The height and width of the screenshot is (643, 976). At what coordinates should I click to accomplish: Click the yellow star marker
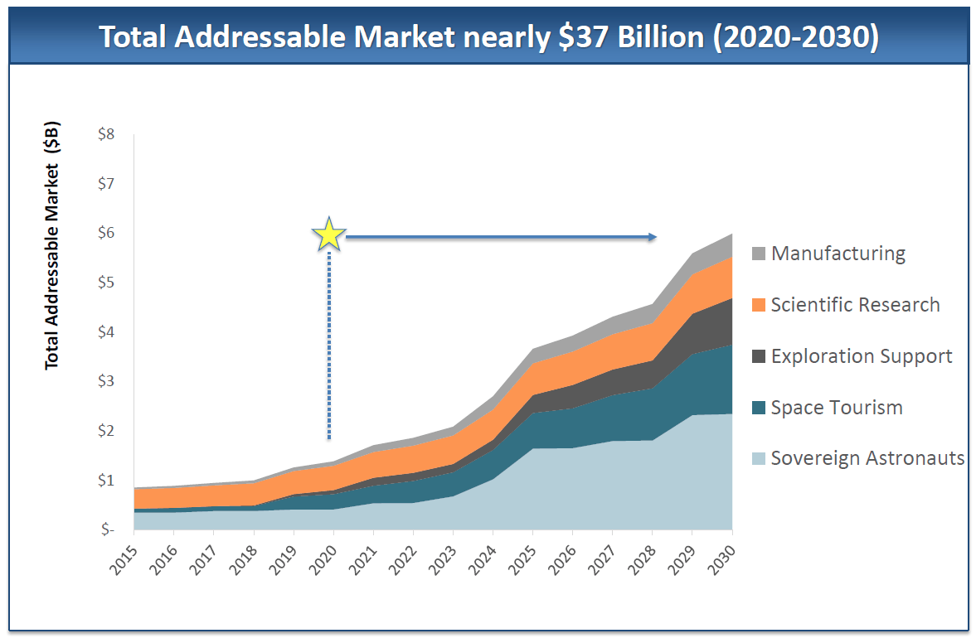coord(329,235)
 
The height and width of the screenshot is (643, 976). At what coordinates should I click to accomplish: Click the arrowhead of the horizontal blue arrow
coord(653,238)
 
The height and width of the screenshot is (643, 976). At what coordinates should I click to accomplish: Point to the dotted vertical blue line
coord(329,348)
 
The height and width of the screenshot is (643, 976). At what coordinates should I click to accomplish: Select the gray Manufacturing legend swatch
coord(760,254)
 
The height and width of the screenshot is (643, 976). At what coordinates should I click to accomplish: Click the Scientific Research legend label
coord(855,305)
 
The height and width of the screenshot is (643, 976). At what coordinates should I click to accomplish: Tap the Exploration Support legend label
coord(861,356)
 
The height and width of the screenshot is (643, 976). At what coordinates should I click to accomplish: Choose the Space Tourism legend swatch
coord(760,408)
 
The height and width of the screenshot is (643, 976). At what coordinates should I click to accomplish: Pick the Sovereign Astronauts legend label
coord(867,458)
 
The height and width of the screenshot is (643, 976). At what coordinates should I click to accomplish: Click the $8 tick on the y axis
coord(106,134)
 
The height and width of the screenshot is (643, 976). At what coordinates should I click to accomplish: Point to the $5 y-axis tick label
coord(106,283)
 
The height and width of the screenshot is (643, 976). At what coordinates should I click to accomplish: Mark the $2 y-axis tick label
coord(106,431)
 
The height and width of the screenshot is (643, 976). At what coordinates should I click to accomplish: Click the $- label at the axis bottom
coord(106,529)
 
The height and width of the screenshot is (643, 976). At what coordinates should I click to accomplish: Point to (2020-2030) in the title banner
coord(794,38)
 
